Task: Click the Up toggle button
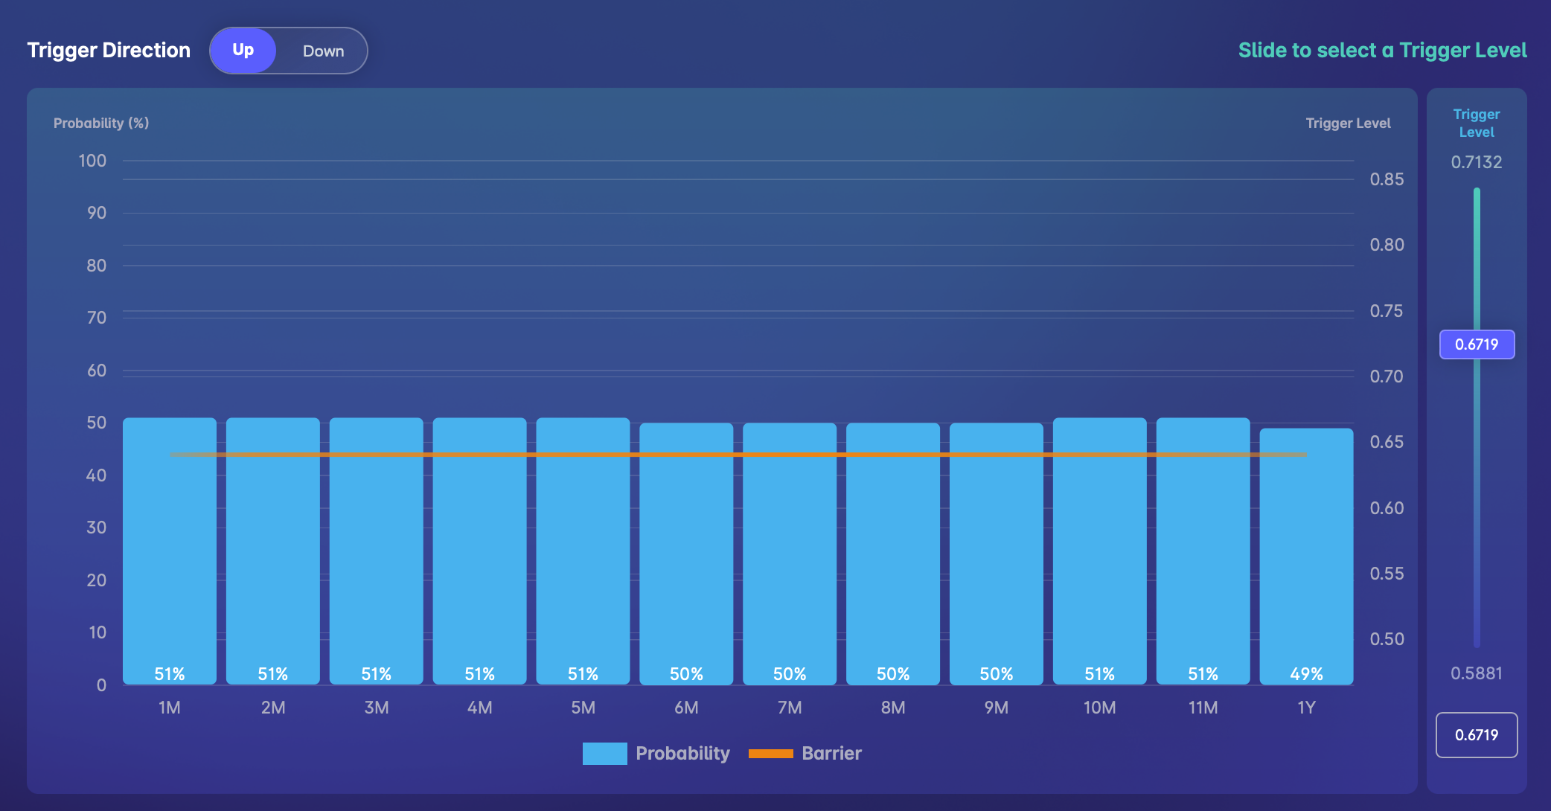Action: [x=243, y=51]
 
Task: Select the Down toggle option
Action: [x=323, y=51]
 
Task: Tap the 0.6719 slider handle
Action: [x=1477, y=344]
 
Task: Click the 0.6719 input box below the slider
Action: [x=1477, y=735]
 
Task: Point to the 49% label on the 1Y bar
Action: [x=1306, y=674]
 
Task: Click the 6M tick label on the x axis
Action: [x=686, y=708]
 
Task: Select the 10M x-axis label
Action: [x=1099, y=708]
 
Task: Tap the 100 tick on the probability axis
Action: [x=92, y=161]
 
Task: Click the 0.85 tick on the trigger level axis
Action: [x=1387, y=179]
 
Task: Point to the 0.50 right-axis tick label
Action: [x=1387, y=639]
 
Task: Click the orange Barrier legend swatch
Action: [x=770, y=754]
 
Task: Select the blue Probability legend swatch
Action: [x=604, y=754]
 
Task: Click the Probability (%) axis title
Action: [x=101, y=124]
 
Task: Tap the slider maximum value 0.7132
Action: [x=1477, y=162]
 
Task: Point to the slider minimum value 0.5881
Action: [x=1477, y=673]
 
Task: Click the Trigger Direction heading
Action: [x=109, y=51]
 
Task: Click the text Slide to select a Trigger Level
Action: [x=1382, y=51]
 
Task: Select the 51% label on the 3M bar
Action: [x=376, y=674]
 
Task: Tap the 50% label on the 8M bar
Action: [x=893, y=674]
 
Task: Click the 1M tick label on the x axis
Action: [x=170, y=708]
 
